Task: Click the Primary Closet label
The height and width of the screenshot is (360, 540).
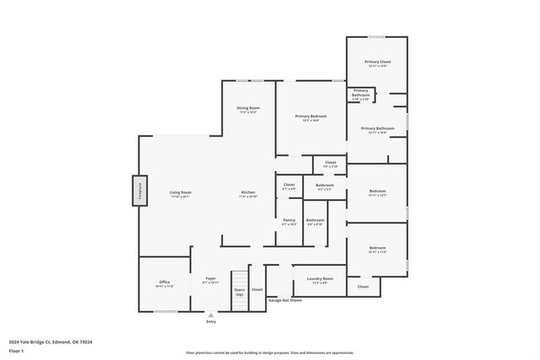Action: point(377,62)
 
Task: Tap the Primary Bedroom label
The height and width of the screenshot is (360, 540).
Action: point(310,116)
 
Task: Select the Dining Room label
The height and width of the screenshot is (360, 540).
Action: point(247,108)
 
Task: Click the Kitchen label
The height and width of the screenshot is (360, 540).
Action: point(248,193)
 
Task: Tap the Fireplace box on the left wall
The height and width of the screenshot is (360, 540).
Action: point(138,191)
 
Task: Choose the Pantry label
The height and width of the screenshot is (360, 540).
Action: point(289,221)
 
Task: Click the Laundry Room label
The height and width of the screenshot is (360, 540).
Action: point(320,279)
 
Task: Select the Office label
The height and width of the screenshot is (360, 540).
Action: point(165,282)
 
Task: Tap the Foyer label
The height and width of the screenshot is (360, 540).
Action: point(211,279)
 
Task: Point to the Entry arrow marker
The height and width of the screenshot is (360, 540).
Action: point(211,315)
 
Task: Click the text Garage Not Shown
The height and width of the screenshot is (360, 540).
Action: point(284,299)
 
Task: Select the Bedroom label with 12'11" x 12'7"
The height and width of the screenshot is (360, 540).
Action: point(377,192)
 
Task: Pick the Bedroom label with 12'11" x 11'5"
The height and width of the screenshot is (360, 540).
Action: point(377,249)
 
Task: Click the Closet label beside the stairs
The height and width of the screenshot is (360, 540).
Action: point(257,289)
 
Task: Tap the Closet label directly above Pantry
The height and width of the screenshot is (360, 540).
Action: point(289,185)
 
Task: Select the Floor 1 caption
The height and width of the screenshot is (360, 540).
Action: point(16,350)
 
